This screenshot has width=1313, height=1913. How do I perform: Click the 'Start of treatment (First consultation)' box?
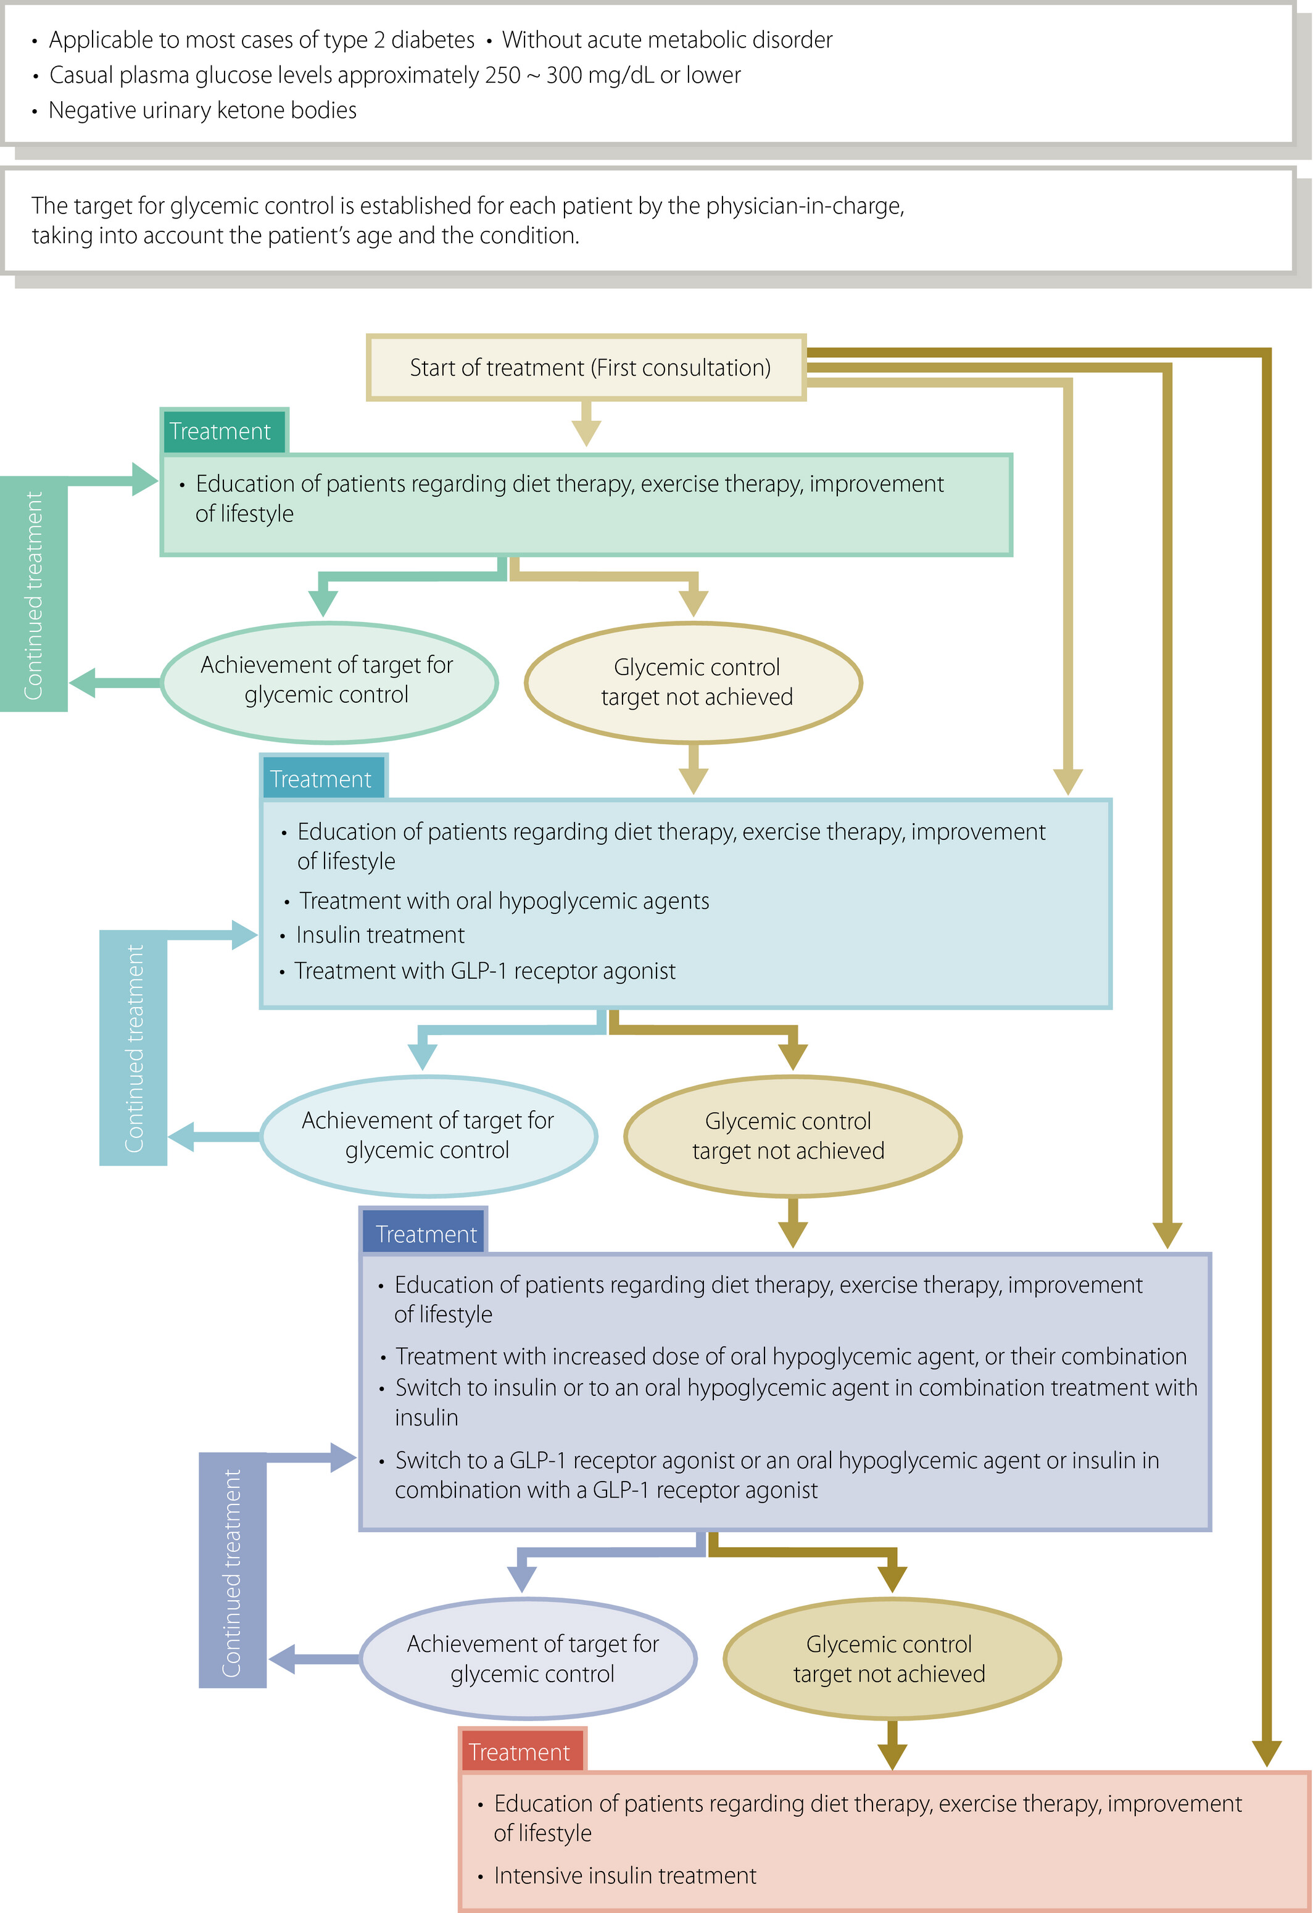586,367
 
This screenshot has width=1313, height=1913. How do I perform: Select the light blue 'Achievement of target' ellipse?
428,1136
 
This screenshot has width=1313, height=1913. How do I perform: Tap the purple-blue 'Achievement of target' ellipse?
529,1659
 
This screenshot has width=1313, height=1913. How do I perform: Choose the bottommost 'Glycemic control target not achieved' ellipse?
892,1659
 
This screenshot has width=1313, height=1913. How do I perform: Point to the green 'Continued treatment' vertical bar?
34,594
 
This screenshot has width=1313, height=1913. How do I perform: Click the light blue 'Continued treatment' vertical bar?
133,1048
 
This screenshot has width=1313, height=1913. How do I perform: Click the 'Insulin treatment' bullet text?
379,935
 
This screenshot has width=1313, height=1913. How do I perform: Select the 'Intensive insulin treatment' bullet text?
625,1875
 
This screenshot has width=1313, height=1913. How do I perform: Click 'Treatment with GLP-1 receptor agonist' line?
485,971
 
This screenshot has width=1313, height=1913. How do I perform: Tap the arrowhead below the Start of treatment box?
586,432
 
